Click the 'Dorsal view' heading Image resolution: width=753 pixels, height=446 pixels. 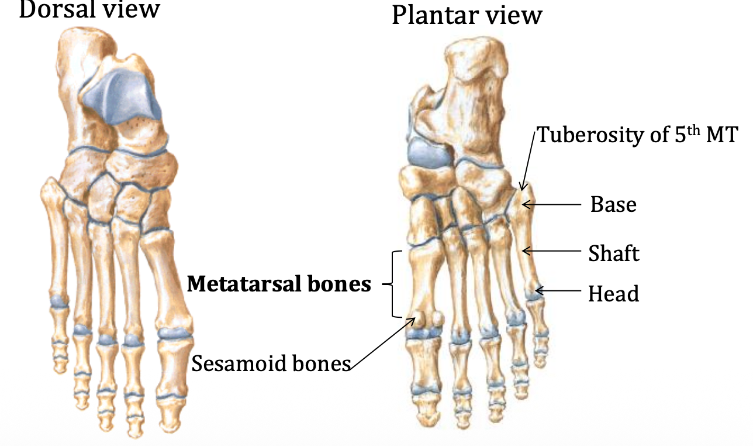click(x=89, y=10)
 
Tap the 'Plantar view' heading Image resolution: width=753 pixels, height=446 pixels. click(x=467, y=15)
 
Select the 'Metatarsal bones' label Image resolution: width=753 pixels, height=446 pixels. click(x=279, y=284)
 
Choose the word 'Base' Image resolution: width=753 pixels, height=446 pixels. click(x=613, y=205)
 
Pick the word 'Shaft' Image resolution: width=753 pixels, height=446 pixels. click(x=614, y=253)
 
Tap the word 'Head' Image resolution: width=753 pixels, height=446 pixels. click(x=613, y=293)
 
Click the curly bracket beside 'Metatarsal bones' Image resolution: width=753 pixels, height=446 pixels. click(x=392, y=284)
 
